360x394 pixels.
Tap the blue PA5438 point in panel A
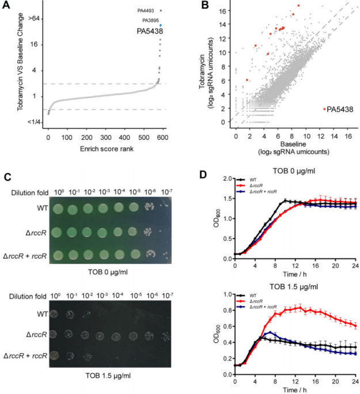(161, 25)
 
